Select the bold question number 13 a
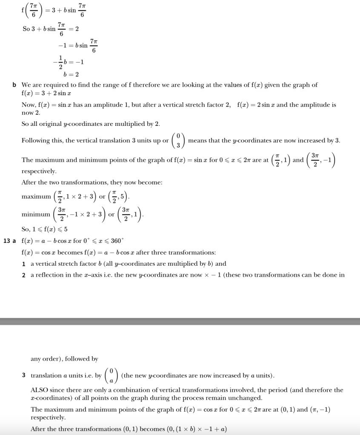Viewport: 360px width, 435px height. point(9,241)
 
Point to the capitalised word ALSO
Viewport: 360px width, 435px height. point(40,390)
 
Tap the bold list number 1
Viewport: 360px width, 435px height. point(24,264)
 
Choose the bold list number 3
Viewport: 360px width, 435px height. point(24,375)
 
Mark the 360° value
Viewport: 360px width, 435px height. point(116,241)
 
